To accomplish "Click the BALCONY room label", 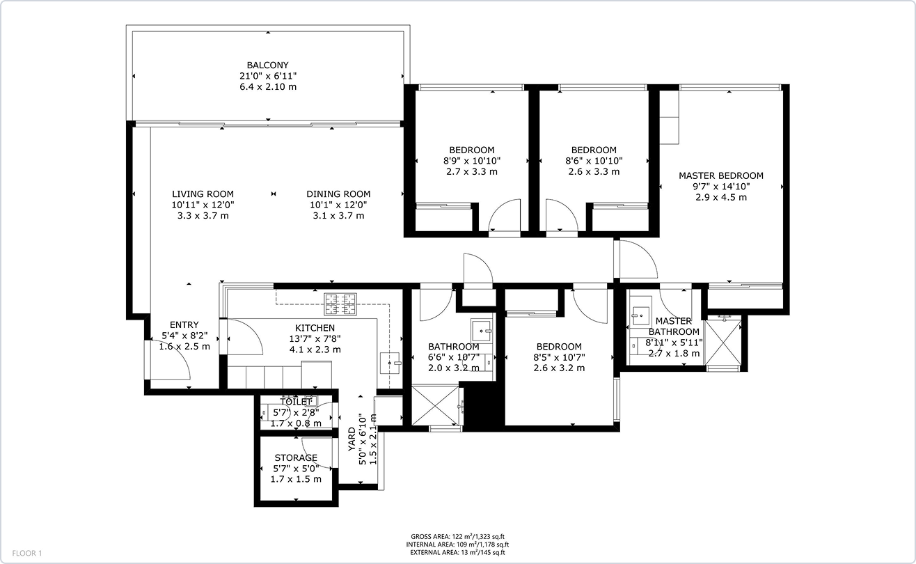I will (267, 65).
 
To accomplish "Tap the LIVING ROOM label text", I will (203, 194).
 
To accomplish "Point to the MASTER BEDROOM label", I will (720, 176).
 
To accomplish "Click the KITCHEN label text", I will (315, 328).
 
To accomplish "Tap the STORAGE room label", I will (296, 458).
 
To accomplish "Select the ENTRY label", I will (184, 325).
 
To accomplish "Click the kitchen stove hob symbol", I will (340, 301).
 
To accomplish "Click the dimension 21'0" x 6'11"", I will (267, 76).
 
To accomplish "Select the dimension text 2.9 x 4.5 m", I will (720, 197).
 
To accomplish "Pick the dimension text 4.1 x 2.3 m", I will (315, 350).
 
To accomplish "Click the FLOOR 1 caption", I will (27, 554).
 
